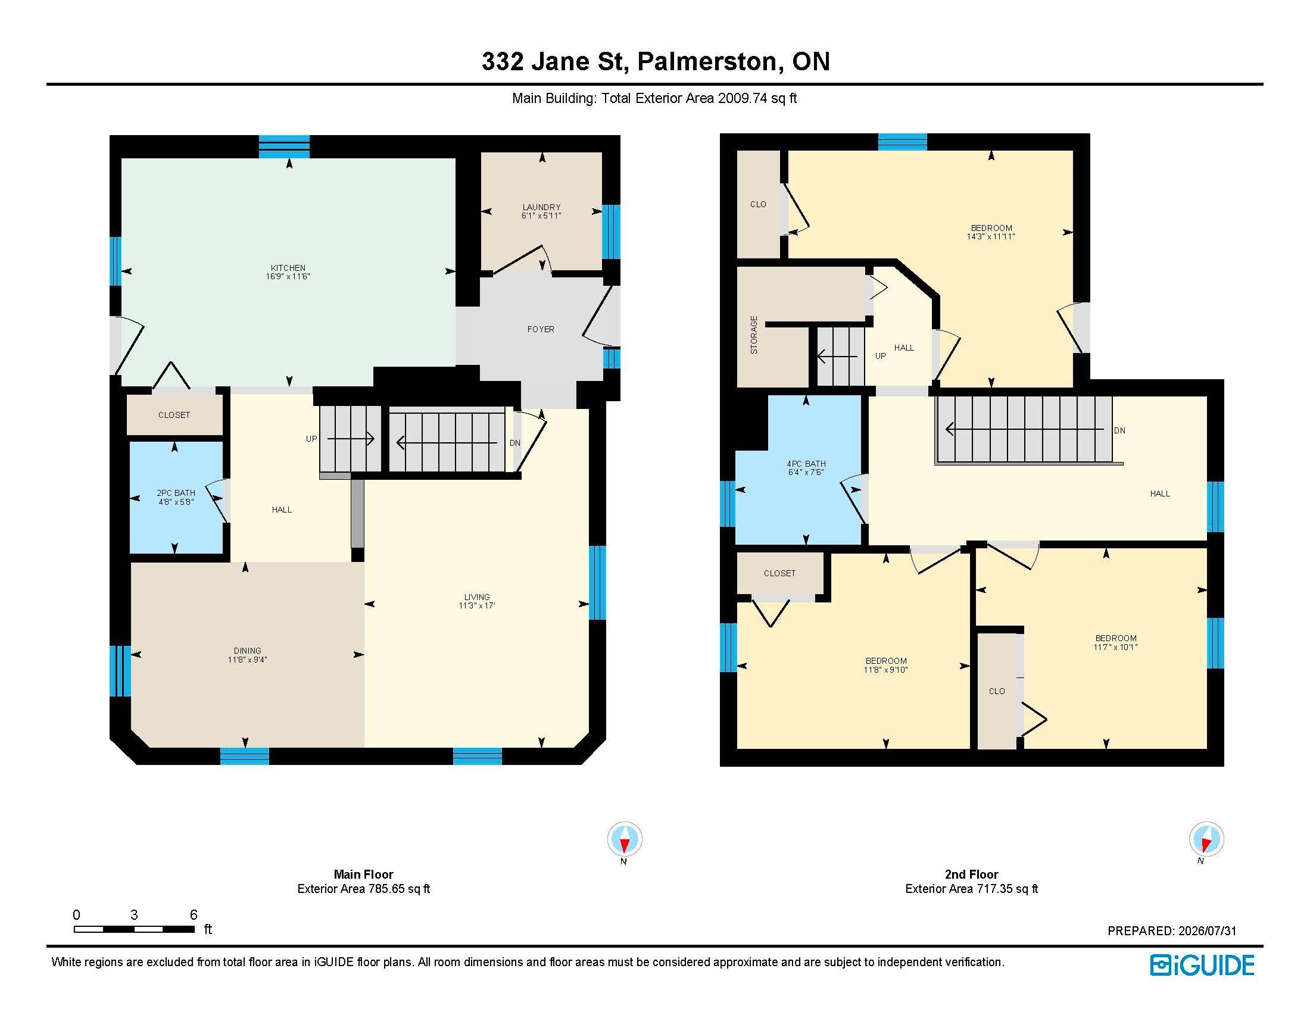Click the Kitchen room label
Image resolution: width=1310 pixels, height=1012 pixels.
[x=288, y=268]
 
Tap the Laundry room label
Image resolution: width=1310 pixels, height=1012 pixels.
[x=541, y=207]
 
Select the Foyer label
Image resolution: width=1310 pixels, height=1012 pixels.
[x=541, y=329]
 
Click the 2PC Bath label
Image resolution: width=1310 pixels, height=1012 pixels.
[x=176, y=493]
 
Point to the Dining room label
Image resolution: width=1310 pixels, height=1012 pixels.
[x=247, y=651]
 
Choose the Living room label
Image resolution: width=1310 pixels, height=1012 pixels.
[x=477, y=597]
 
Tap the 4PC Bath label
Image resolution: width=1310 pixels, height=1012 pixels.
[x=806, y=463]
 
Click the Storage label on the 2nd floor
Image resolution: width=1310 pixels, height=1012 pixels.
[x=754, y=335]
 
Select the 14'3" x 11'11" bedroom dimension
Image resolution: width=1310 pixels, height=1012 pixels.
[x=991, y=236]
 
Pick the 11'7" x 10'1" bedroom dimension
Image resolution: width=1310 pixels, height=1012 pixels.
[x=1116, y=647]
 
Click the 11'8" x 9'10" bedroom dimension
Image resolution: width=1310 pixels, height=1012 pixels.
[x=885, y=670]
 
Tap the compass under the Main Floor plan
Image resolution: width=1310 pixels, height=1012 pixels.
[x=625, y=839]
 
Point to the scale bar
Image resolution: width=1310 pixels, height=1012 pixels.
[x=135, y=929]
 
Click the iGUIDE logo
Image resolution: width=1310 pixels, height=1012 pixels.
[x=1203, y=965]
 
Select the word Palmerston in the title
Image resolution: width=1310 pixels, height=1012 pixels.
[x=707, y=62]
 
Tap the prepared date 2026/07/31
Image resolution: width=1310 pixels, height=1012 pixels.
[x=1208, y=931]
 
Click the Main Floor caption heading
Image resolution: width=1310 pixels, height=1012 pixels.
[x=363, y=874]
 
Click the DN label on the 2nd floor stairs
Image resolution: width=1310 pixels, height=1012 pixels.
[x=1119, y=430]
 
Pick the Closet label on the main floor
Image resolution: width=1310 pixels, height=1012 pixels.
[x=174, y=415]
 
